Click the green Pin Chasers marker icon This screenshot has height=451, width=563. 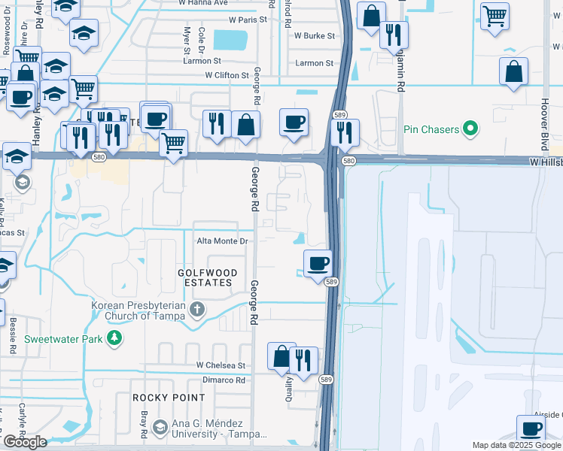coord(471,129)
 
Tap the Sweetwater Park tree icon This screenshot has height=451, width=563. coord(114,339)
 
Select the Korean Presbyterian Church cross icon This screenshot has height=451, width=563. coord(197,310)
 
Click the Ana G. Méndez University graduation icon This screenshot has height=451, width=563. coord(160,428)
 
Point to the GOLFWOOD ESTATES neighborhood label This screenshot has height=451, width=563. coord(207,277)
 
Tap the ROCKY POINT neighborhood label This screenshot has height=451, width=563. coord(169,397)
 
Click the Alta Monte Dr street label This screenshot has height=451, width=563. coord(222,241)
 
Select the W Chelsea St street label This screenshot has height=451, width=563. coord(221,365)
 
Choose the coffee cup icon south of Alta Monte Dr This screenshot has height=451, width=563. coord(318,264)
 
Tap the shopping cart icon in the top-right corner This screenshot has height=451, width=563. coord(495,15)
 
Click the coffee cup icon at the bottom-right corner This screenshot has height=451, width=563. coord(530,428)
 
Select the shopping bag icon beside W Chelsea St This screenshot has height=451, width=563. coord(281,357)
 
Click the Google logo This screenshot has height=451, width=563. coord(25,442)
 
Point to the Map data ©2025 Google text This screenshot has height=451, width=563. coord(517,445)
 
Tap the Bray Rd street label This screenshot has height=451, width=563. coord(143,424)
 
